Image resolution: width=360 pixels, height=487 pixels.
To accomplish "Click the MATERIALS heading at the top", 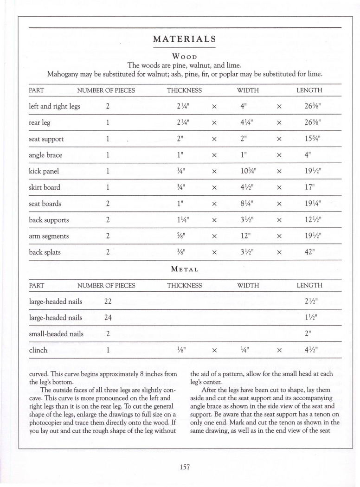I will pyautogui.click(x=184, y=39).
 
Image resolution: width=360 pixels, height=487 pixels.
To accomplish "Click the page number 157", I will pyautogui.click(x=185, y=467).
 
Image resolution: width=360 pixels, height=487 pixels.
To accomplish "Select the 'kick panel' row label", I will pyautogui.click(x=44, y=171).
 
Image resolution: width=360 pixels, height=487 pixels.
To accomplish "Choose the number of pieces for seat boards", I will pyautogui.click(x=107, y=204).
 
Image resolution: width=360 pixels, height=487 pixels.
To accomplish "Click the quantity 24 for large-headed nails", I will pyautogui.click(x=108, y=318).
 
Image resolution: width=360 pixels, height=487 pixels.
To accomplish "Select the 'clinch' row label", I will pyautogui.click(x=38, y=350).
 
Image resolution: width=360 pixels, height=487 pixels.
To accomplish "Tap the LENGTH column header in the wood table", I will pyautogui.click(x=309, y=90).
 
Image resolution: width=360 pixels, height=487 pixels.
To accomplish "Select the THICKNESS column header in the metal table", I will pyautogui.click(x=184, y=286).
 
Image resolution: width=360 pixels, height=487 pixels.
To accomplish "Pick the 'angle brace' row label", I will pyautogui.click(x=45, y=155).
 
